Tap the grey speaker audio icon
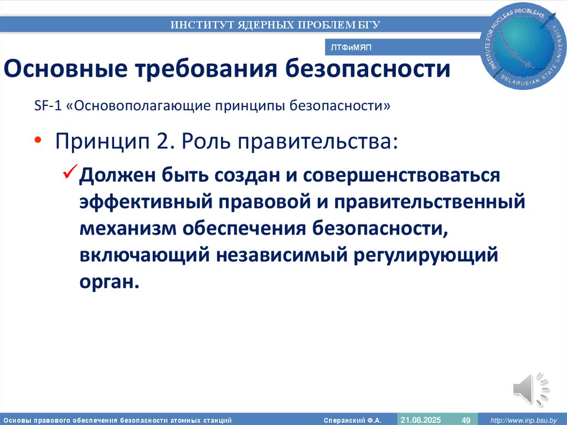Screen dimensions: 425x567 (531, 388)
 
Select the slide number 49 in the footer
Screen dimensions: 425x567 (466, 419)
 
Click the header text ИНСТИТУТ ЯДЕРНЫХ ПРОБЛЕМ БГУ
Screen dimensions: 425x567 (275, 24)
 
